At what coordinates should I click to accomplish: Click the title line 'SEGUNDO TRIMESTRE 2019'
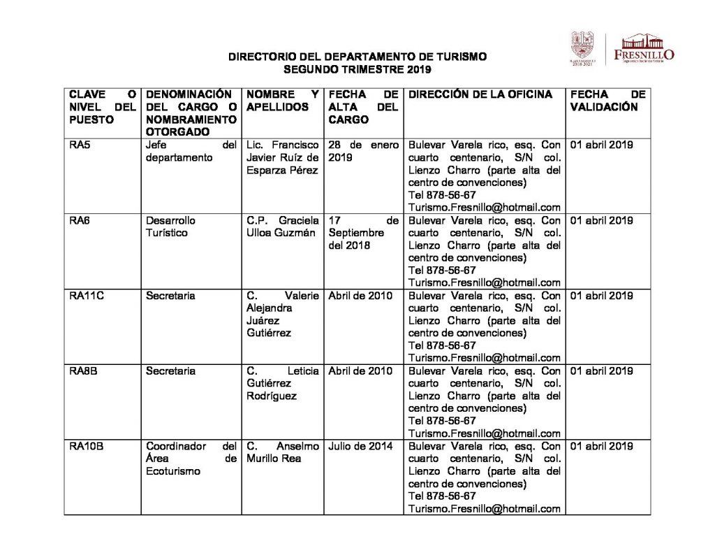357,70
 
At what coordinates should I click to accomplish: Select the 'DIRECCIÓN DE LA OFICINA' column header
480,94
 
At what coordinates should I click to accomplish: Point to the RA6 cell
79,221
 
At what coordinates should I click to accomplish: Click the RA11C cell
87,296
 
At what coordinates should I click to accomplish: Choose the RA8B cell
83,371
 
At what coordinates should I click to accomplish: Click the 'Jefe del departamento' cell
191,152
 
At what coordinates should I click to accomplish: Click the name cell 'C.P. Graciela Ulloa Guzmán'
282,227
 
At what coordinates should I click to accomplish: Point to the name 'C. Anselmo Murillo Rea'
282,452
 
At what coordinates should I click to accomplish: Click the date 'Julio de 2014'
361,447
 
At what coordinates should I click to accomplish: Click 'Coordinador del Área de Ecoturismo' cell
191,459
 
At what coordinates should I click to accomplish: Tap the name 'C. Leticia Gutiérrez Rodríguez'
282,383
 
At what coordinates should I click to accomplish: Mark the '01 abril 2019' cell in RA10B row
602,447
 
